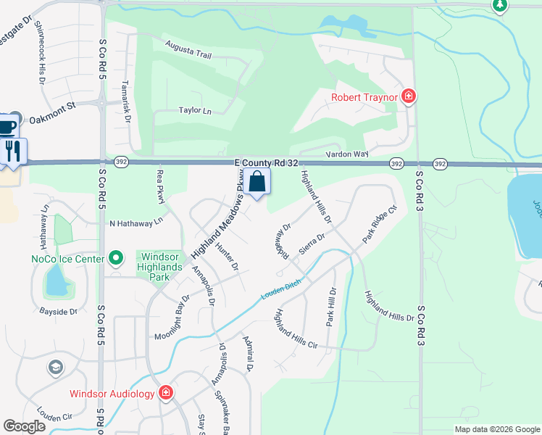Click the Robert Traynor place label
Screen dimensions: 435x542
[364, 96]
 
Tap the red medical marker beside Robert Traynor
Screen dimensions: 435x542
[409, 96]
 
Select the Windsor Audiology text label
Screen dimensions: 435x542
[112, 394]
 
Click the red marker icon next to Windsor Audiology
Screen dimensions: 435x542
[166, 393]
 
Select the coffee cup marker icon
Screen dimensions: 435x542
[7, 126]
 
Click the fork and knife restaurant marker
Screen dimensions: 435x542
[13, 151]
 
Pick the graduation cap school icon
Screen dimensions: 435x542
[55, 368]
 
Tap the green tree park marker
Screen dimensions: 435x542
[499, 5]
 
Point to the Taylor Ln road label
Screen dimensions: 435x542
[195, 111]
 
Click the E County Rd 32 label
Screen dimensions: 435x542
[266, 165]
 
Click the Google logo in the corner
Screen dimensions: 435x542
[25, 426]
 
